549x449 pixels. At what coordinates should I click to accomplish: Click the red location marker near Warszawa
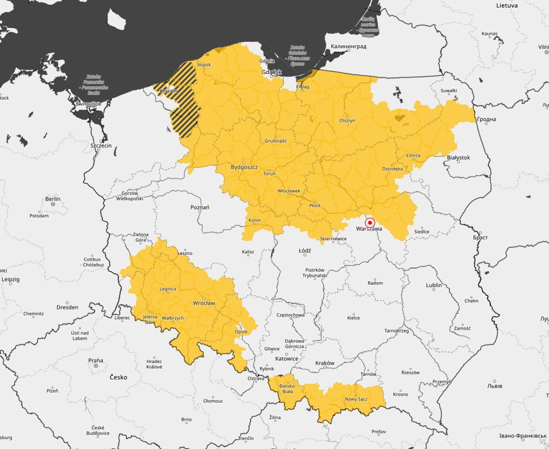tap(370, 223)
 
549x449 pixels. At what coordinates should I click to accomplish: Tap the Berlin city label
tap(52, 199)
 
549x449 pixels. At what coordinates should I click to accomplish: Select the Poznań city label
tap(200, 207)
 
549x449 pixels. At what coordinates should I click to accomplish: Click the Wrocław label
tap(204, 303)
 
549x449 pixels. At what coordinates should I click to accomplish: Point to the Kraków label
tap(325, 363)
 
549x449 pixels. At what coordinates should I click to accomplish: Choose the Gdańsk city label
tap(271, 72)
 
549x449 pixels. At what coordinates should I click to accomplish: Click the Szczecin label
tap(101, 145)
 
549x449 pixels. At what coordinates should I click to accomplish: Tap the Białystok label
tap(458, 157)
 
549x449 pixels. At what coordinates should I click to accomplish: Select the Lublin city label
tap(433, 285)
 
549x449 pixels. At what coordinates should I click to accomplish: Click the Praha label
tap(95, 360)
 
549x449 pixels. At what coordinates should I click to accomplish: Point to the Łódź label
tap(305, 251)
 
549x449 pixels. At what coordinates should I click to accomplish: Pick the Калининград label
tap(348, 47)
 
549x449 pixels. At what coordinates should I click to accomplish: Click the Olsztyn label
tap(347, 120)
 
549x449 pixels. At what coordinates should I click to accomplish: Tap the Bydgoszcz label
tap(244, 167)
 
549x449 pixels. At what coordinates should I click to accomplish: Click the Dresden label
tap(67, 307)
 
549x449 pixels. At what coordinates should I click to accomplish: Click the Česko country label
tap(118, 377)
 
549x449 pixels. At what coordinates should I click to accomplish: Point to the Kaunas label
tap(489, 33)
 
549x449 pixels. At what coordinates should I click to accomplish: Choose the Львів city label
tap(495, 386)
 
